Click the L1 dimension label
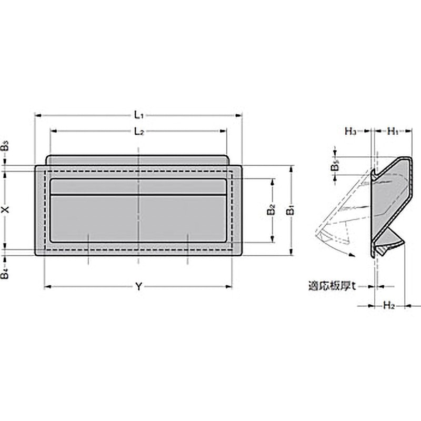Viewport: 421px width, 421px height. tap(139, 115)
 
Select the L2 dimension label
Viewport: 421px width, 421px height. tap(139, 131)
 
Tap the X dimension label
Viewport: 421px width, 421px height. tap(5, 209)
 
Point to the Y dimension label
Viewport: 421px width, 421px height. tap(138, 287)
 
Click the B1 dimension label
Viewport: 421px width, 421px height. tap(291, 210)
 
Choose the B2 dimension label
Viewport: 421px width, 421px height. tap(272, 210)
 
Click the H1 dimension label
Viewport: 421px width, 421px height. tap(393, 131)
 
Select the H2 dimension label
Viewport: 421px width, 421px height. tap(388, 305)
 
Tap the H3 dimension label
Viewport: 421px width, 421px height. tap(350, 131)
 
